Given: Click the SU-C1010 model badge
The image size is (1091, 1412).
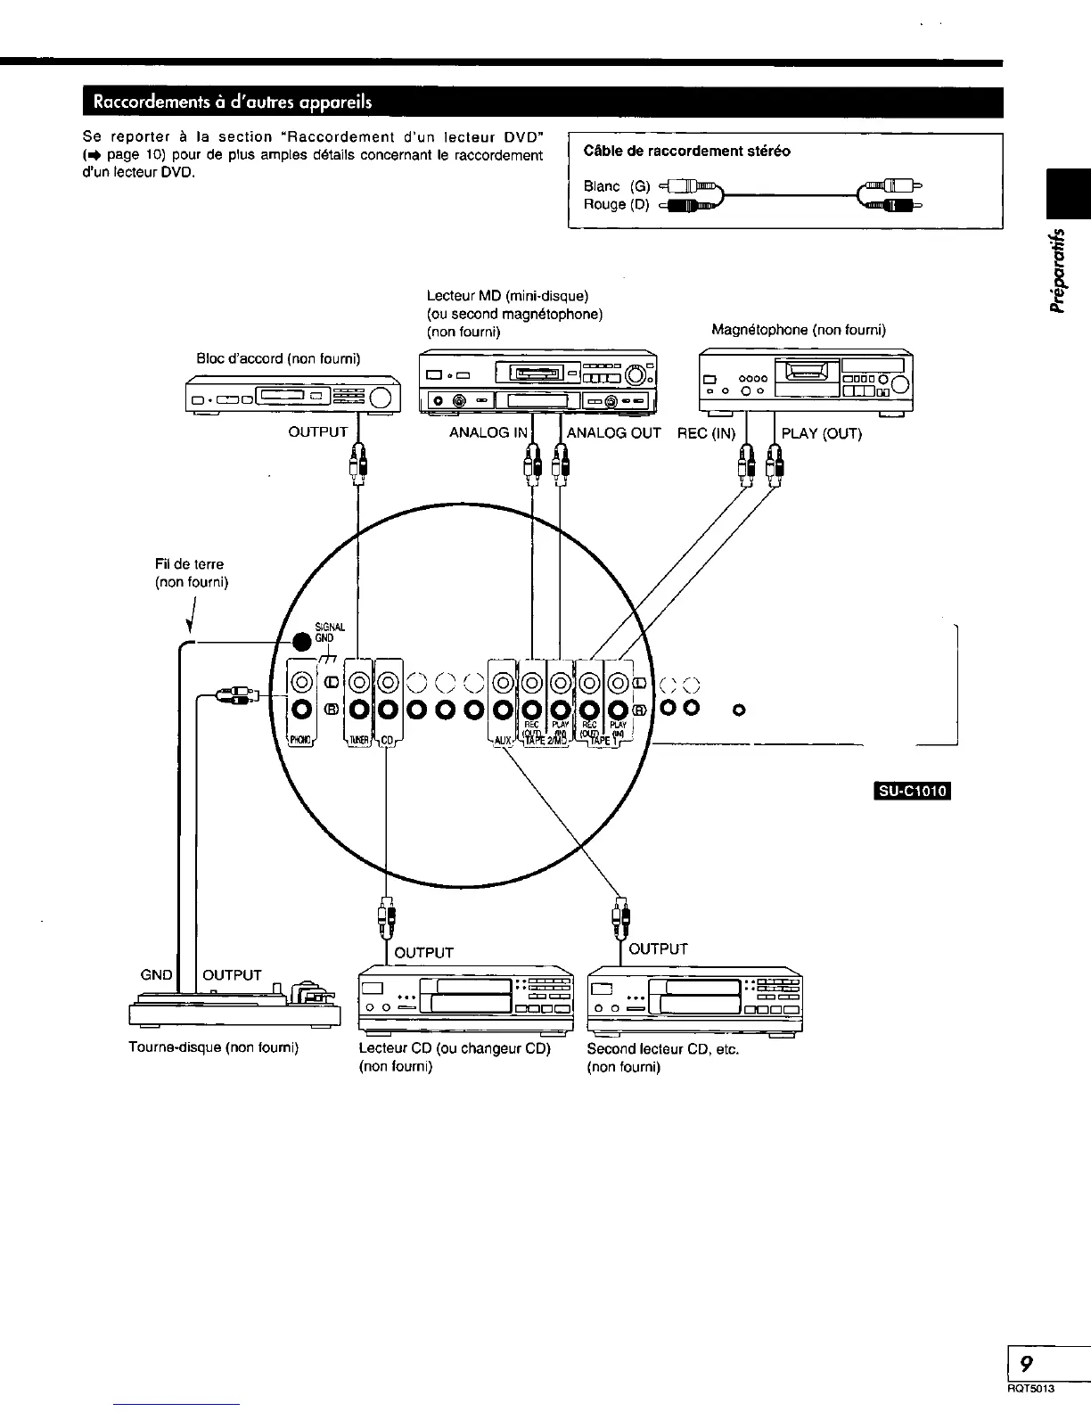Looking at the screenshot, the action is (915, 791).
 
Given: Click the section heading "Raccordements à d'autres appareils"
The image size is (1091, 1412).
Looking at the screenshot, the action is (227, 101).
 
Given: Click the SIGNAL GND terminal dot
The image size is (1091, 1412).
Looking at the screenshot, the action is (304, 642).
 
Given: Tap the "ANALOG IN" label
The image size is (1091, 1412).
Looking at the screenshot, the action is (488, 433).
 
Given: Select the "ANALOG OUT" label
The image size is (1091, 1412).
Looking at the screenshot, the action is (614, 433).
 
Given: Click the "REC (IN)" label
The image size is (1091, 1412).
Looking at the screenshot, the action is (707, 433).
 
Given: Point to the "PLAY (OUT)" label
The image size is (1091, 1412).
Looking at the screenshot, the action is (821, 433).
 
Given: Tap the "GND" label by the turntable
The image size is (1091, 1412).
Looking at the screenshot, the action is (157, 974).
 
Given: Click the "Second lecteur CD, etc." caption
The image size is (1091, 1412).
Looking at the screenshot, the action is (662, 1048).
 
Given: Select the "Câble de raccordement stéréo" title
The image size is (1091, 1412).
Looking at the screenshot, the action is (686, 151).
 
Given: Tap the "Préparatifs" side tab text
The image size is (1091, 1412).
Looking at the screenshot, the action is (1058, 272).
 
